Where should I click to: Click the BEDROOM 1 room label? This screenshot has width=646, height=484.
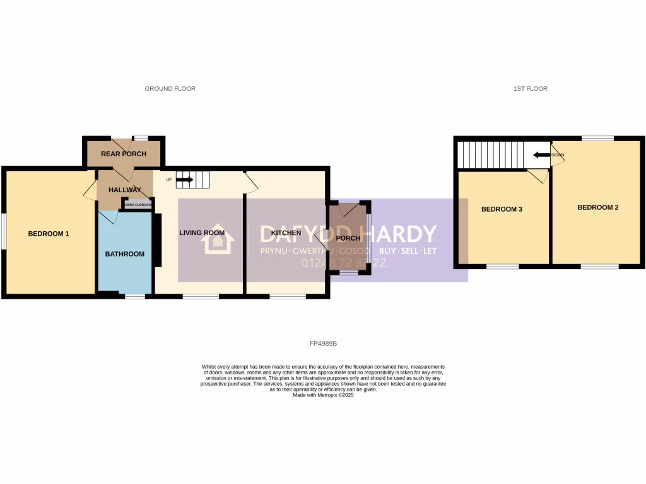point(48,234)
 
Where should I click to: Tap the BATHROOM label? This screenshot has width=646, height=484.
point(124,254)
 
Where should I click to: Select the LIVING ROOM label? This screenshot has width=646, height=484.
point(202,233)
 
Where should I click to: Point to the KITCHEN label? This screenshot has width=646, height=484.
point(286,233)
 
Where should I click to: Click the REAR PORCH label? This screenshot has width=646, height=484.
point(124,154)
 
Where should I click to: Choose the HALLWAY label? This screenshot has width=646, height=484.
point(124,190)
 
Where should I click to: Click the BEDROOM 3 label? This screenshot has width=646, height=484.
point(502,209)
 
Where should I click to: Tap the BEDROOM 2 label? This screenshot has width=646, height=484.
point(597,207)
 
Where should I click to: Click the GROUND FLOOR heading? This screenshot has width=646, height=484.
point(170,89)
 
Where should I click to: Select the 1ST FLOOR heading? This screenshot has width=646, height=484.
point(530,89)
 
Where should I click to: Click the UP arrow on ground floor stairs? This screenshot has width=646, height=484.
point(185,180)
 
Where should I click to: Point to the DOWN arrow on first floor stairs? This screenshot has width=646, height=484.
point(541,154)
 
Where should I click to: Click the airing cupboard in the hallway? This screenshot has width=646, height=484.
point(138,204)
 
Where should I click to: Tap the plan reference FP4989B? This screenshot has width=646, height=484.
point(324,343)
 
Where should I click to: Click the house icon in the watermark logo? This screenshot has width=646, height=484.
point(218,239)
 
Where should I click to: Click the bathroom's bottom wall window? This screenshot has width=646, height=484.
point(134,296)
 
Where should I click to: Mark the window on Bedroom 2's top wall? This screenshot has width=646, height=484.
point(597,138)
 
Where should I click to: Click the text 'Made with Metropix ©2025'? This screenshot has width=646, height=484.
point(323,395)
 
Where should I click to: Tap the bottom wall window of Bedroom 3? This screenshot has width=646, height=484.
point(502,267)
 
